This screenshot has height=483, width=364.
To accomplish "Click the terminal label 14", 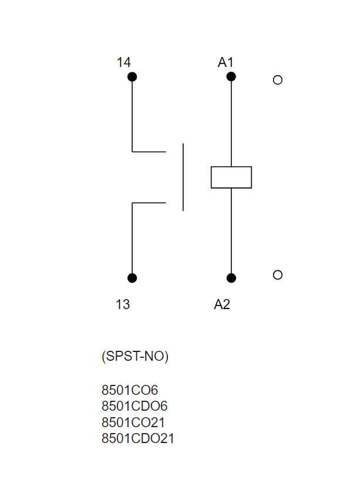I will (x=123, y=62).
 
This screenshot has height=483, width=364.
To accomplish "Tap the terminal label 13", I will (x=123, y=304).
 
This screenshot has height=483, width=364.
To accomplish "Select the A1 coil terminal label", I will (x=225, y=62).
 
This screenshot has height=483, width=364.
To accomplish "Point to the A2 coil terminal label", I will (x=222, y=304).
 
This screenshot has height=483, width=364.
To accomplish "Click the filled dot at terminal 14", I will (x=132, y=77).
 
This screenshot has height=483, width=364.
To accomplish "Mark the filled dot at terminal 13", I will (x=132, y=278).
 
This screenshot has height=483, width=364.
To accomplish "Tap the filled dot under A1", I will (x=231, y=77).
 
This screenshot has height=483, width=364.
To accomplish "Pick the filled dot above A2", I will (x=231, y=278).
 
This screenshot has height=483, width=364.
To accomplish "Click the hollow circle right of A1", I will (x=278, y=80).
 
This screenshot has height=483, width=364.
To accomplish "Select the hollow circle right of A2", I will (x=278, y=274).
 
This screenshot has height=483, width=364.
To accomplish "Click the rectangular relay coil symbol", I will (x=231, y=177).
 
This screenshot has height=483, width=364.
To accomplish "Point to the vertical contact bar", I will (x=183, y=177).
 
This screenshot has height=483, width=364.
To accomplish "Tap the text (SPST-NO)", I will (x=135, y=357).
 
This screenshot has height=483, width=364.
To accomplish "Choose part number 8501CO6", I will (x=130, y=390).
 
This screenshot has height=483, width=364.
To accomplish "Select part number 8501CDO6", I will (x=134, y=405).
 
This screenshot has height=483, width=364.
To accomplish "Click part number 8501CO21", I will (x=133, y=422).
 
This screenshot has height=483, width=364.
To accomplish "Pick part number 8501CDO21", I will (x=138, y=438).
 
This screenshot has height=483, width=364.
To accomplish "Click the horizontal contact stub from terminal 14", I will (x=149, y=152).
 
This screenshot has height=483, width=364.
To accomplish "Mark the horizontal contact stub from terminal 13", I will (x=149, y=203).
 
